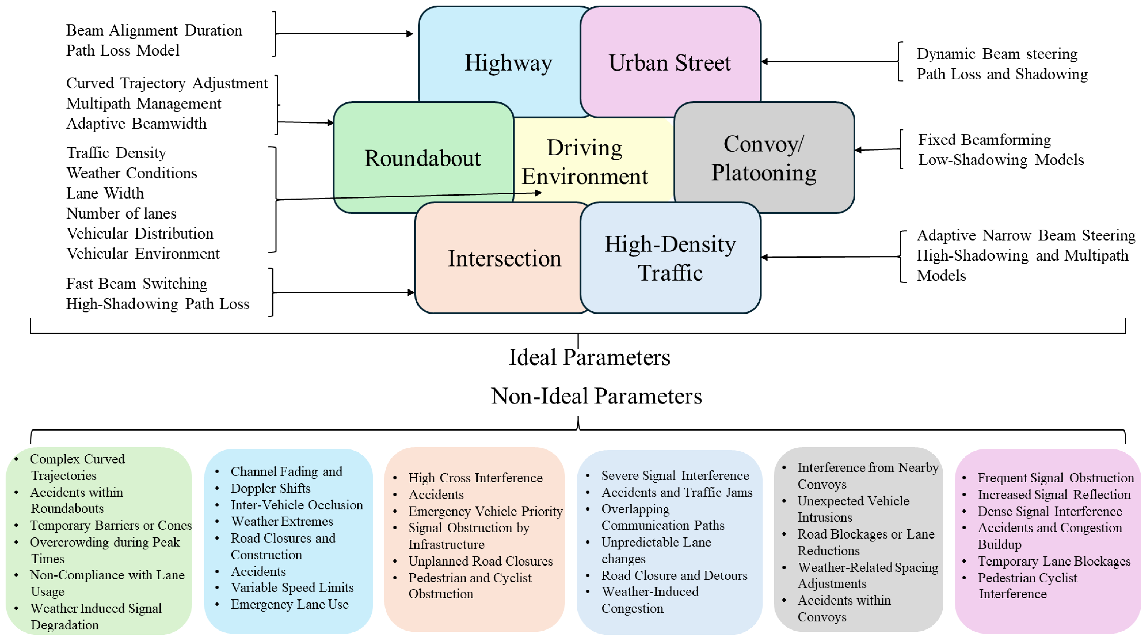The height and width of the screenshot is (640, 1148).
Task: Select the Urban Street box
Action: pos(670,62)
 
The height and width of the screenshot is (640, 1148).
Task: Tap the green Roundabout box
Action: pos(423,158)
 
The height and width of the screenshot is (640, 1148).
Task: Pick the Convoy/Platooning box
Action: pos(764,158)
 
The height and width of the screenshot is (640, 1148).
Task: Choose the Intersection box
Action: pos(504,258)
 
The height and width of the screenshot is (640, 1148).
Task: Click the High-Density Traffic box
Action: pos(670,258)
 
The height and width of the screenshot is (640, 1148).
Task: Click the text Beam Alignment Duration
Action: pos(154,30)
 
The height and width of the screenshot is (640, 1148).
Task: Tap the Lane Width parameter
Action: pos(105,193)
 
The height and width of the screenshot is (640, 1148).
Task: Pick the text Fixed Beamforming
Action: pos(984,140)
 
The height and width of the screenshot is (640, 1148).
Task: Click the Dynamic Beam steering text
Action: pos(997,54)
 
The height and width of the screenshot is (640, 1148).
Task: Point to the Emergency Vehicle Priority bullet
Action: pos(485,511)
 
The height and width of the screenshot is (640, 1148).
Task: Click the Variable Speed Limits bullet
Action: pos(292,588)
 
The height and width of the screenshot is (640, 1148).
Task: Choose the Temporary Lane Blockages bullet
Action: pos(1054,561)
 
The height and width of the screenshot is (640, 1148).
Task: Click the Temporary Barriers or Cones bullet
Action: pos(111,525)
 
